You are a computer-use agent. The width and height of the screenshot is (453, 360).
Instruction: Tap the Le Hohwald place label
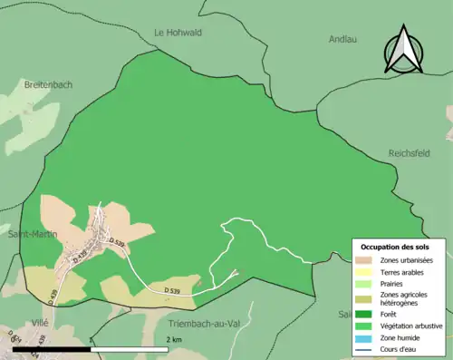pyautogui.click(x=178, y=33)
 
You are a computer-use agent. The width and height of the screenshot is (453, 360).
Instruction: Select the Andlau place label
pyautogui.click(x=342, y=39)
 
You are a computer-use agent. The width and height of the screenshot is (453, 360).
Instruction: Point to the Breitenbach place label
pyautogui.click(x=49, y=84)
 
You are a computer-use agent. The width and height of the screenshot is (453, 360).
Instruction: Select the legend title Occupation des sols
pyautogui.click(x=397, y=247)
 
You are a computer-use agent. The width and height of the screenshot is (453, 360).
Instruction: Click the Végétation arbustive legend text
pyautogui.click(x=414, y=325)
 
